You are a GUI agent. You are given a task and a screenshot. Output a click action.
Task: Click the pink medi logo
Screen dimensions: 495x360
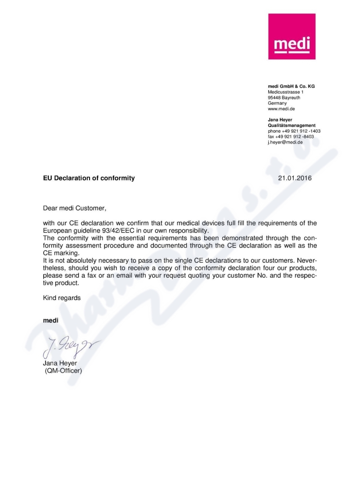pyautogui.click(x=292, y=36)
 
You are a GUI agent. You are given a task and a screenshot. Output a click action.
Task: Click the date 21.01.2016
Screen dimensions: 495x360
pyautogui.click(x=295, y=178)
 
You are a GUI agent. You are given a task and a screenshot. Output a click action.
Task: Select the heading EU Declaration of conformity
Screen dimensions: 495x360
pyautogui.click(x=89, y=178)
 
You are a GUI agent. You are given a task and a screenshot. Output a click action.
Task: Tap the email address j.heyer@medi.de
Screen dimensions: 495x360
pyautogui.click(x=285, y=142)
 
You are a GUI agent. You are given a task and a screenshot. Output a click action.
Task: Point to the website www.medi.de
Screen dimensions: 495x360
pyautogui.click(x=281, y=109)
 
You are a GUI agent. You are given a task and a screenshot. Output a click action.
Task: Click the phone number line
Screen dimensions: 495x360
pyautogui.click(x=294, y=131)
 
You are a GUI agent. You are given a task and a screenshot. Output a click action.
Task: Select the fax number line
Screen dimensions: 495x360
pyautogui.click(x=291, y=136)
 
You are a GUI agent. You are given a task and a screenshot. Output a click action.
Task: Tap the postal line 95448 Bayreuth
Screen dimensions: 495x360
pyautogui.click(x=284, y=98)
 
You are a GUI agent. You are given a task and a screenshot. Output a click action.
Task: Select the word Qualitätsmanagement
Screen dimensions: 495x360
pyautogui.click(x=292, y=125)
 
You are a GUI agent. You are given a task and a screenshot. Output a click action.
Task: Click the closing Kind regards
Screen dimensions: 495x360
pyautogui.click(x=62, y=298)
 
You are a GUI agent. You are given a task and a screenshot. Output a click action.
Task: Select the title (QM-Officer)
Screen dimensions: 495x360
pyautogui.click(x=63, y=371)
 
